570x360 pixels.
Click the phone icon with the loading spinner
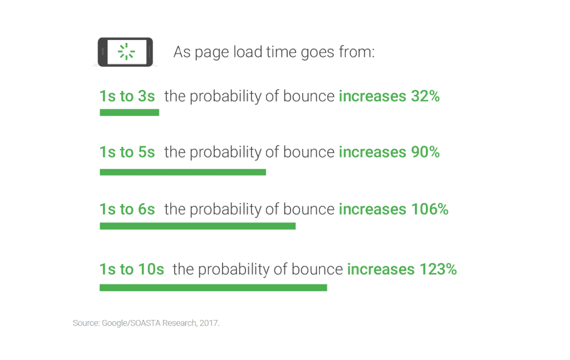click(125, 52)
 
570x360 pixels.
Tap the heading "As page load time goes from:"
click(274, 52)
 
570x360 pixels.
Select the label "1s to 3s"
click(127, 96)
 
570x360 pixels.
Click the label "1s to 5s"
click(127, 152)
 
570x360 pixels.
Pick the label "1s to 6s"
click(127, 209)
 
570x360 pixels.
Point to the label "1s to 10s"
click(131, 269)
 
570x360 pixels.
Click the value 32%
click(425, 96)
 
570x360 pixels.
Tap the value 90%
click(425, 152)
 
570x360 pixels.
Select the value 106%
click(430, 209)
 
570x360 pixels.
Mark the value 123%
click(438, 269)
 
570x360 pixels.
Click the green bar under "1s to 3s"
click(129, 112)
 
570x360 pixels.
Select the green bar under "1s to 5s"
click(183, 172)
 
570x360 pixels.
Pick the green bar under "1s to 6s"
click(198, 226)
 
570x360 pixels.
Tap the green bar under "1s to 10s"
click(213, 288)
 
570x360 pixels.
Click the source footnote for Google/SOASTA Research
click(146, 323)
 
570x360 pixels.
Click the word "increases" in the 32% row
click(372, 96)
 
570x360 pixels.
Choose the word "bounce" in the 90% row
click(308, 152)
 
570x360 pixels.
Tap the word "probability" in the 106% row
click(226, 210)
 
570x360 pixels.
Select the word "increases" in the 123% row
click(381, 269)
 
